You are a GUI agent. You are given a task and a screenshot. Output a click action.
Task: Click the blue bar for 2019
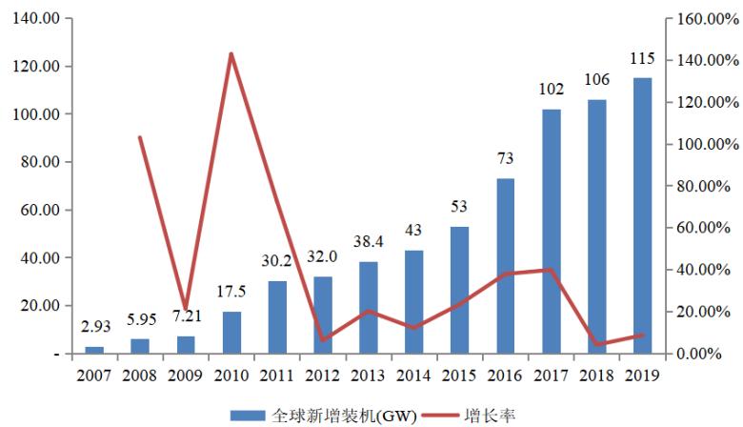tap(642, 215)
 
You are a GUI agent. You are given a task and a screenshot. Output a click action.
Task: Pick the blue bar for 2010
tap(231, 333)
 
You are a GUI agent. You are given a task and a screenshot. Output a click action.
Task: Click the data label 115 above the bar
tap(642, 59)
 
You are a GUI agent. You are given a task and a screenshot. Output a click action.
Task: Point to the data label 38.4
tap(368, 243)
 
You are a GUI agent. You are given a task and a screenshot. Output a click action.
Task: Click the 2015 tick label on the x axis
tap(459, 375)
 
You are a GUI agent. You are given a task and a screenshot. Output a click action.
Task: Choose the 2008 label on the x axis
tap(139, 375)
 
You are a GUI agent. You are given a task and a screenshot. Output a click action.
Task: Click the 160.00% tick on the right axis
tap(704, 19)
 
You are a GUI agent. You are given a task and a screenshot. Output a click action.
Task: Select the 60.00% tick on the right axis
tap(704, 228)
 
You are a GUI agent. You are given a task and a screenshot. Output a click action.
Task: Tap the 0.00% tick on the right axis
tap(704, 354)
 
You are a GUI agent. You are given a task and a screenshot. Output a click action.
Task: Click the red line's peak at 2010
tap(231, 54)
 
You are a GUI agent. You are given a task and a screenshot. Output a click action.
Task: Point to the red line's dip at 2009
tap(185, 309)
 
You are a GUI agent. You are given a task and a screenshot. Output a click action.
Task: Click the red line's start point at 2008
tap(139, 137)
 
